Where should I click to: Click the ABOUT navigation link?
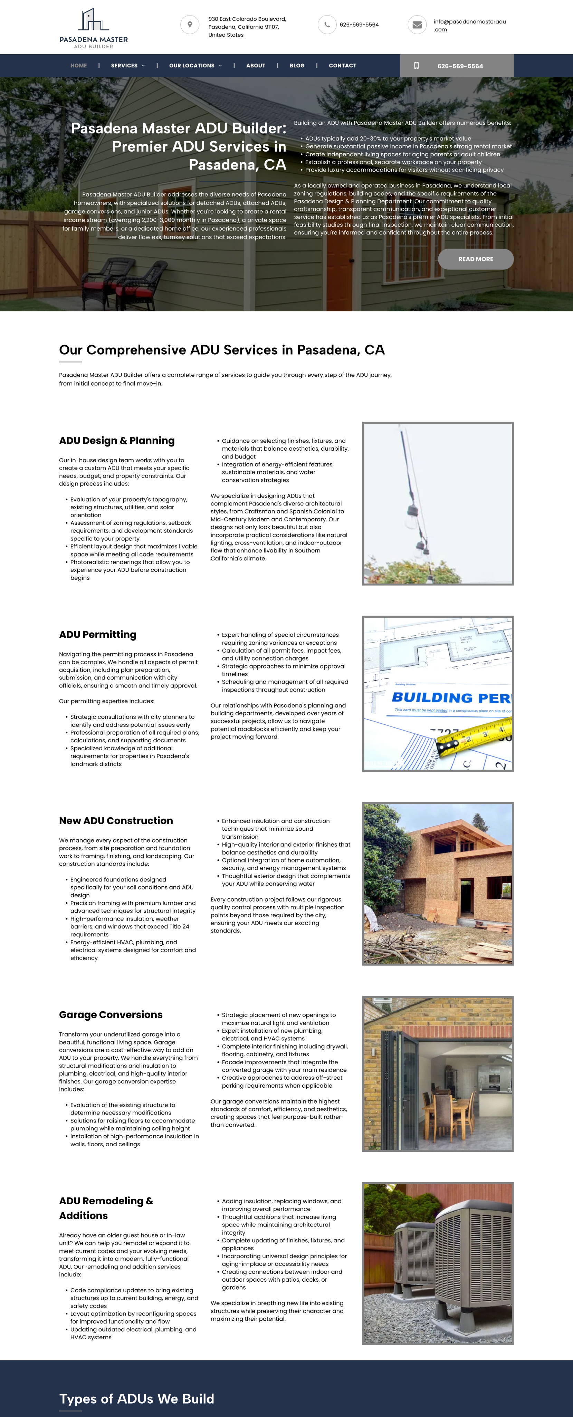click(x=255, y=66)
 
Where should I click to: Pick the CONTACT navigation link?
click(x=342, y=66)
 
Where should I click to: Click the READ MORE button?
click(x=476, y=259)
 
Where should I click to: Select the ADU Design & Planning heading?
click(x=117, y=441)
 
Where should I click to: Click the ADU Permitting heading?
click(x=97, y=634)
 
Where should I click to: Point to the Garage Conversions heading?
click(x=111, y=1015)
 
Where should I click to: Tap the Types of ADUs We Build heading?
click(x=136, y=1399)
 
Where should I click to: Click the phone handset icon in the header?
click(x=327, y=25)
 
